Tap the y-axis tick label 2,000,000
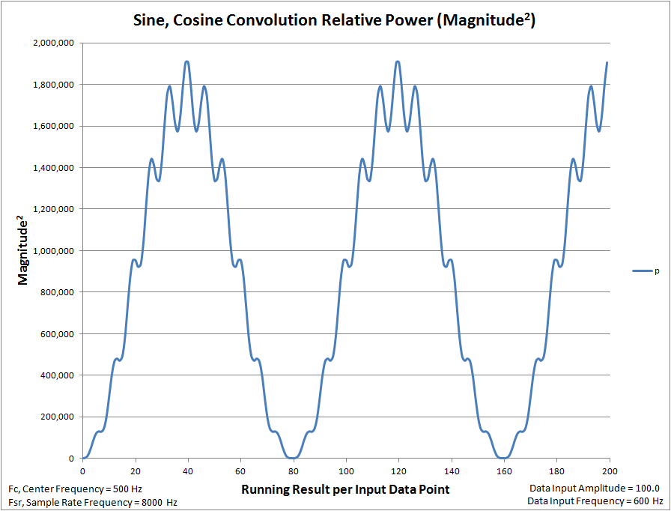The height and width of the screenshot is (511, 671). tap(53, 43)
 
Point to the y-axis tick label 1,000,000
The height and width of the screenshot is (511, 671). tap(53, 251)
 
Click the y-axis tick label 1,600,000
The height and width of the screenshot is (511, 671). tap(53, 126)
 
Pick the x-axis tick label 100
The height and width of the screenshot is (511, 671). tap(346, 472)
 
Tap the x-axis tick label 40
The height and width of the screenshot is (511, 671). tap(187, 472)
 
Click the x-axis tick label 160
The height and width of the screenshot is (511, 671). tap(504, 472)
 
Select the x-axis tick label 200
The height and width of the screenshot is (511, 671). tap(609, 472)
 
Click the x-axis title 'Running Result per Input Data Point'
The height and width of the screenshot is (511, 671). tap(345, 489)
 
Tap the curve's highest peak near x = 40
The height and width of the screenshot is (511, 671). tap(187, 61)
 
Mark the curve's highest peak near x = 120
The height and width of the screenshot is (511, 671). tap(398, 61)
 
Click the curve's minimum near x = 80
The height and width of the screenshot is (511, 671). tap(293, 458)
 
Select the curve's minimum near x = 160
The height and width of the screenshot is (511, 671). tap(504, 458)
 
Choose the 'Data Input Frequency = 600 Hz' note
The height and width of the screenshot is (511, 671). tap(596, 501)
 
